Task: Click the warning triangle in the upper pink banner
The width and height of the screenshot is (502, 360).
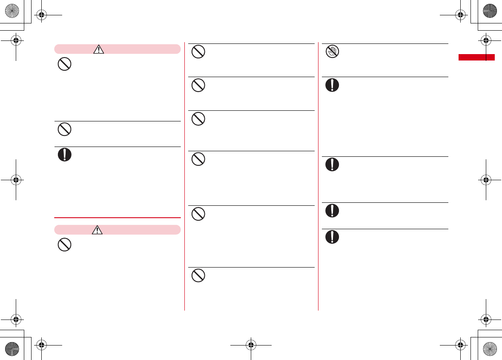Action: [98, 49]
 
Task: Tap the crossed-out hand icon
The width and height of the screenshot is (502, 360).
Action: [332, 52]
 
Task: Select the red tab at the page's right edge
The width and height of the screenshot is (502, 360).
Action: [476, 58]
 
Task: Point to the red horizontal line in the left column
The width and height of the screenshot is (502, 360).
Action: [118, 218]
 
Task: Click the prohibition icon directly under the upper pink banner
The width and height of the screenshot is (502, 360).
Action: [64, 65]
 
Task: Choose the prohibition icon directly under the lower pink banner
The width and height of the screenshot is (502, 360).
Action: [64, 245]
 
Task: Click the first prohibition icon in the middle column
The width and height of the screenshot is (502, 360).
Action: [198, 52]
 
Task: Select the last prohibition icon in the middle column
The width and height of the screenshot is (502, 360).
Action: [198, 276]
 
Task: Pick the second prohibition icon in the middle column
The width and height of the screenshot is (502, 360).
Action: [198, 86]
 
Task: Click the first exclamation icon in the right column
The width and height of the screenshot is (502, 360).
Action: [332, 85]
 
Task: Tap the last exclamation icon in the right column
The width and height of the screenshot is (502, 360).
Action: [332, 237]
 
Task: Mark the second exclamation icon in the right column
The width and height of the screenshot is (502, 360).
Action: [332, 164]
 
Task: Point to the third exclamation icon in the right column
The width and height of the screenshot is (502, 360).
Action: [332, 211]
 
